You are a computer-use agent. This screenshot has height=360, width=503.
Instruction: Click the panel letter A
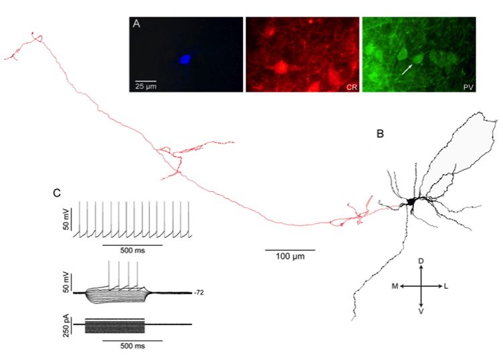(137, 23)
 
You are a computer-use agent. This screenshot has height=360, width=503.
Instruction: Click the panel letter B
(380, 133)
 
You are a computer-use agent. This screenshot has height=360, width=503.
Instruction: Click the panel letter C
(57, 193)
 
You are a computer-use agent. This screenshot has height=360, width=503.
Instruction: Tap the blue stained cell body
(185, 60)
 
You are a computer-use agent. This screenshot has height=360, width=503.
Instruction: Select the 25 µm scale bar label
(146, 86)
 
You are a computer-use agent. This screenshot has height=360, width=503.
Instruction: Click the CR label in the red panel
(352, 87)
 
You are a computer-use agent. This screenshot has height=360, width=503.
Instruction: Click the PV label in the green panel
(468, 87)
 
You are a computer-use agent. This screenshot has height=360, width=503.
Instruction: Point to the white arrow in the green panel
(407, 69)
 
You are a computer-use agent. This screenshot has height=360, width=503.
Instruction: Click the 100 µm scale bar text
(290, 257)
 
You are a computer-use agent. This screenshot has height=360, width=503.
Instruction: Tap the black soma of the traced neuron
(411, 202)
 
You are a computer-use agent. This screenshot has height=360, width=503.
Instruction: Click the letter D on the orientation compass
(421, 261)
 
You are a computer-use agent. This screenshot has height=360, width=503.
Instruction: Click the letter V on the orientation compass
(421, 311)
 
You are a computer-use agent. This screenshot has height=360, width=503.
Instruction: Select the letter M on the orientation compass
(395, 286)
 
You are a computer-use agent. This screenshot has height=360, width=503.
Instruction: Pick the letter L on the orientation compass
(446, 286)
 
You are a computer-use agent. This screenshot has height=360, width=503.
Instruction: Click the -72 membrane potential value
(199, 293)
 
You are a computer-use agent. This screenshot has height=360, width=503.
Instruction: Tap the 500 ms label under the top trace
(133, 250)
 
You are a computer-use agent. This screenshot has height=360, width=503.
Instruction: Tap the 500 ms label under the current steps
(133, 346)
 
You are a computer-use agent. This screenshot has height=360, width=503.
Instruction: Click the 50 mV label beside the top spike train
(66, 219)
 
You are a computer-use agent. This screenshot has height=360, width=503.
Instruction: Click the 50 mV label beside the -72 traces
(66, 282)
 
